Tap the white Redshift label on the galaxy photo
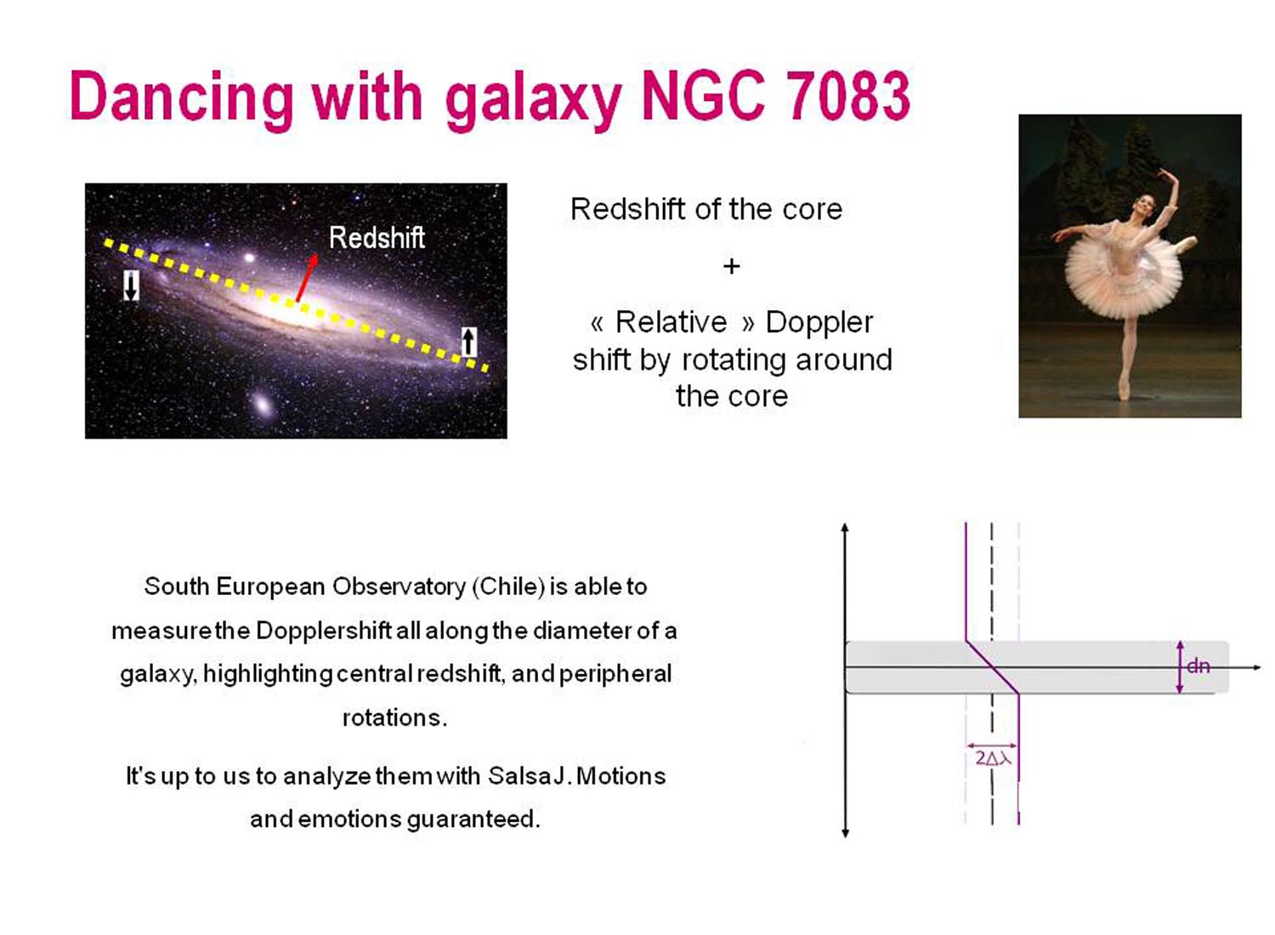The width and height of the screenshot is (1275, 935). tap(377, 237)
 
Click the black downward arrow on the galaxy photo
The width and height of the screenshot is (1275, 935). tap(132, 286)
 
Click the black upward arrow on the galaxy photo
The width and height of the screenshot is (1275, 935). tap(467, 342)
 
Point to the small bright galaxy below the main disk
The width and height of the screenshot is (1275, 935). tap(263, 403)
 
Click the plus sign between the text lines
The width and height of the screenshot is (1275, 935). tap(731, 266)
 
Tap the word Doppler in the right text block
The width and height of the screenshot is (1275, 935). tap(819, 323)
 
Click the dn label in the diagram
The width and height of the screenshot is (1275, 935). tap(1198, 666)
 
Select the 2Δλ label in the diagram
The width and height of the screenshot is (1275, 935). tap(994, 758)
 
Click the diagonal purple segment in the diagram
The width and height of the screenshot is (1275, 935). tap(992, 667)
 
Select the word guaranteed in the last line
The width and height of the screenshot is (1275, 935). tap(473, 820)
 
